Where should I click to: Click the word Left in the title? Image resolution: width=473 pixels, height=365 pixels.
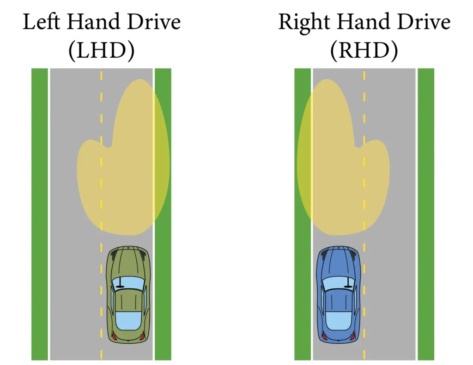(41, 22)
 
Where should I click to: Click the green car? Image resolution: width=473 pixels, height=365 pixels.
(128, 294)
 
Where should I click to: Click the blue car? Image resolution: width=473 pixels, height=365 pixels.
(339, 294)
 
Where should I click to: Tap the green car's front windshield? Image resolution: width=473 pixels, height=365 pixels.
(128, 283)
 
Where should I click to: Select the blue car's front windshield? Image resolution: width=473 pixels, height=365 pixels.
(339, 283)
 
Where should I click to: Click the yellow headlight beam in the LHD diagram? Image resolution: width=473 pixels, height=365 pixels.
(123, 157)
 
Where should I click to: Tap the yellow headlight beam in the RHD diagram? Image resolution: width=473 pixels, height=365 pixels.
(343, 157)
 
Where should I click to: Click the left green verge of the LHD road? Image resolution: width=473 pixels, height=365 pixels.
(40, 214)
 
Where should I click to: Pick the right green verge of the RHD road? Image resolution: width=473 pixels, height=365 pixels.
(426, 214)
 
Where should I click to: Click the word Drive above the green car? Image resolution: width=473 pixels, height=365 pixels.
(154, 22)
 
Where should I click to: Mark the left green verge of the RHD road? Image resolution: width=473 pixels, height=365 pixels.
(303, 214)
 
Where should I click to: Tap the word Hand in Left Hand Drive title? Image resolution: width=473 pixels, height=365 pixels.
(93, 22)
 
